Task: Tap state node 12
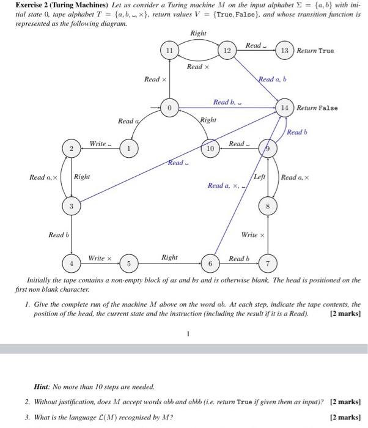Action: click(226, 51)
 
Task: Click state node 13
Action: click(285, 51)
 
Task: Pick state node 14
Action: click(284, 108)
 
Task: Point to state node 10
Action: click(210, 148)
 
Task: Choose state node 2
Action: click(72, 149)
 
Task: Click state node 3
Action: click(72, 207)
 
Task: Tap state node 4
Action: click(72, 264)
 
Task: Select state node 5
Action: click(129, 264)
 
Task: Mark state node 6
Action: click(210, 264)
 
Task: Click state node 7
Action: click(267, 264)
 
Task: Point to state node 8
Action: click(267, 207)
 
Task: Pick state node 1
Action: click(128, 149)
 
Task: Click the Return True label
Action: click(315, 51)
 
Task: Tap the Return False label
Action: click(317, 108)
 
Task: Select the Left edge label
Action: click(259, 176)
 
